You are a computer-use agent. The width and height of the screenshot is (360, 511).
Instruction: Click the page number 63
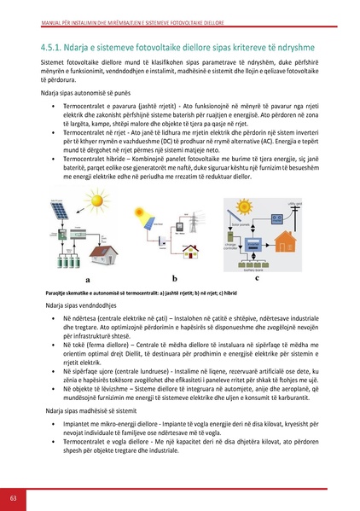[x=14, y=496]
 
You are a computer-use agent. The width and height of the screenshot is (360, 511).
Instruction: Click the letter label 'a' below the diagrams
[x=88, y=279]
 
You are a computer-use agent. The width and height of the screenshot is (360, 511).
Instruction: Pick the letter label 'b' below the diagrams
[x=174, y=277]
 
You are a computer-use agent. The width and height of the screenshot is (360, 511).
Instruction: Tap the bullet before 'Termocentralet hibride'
[x=54, y=159]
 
